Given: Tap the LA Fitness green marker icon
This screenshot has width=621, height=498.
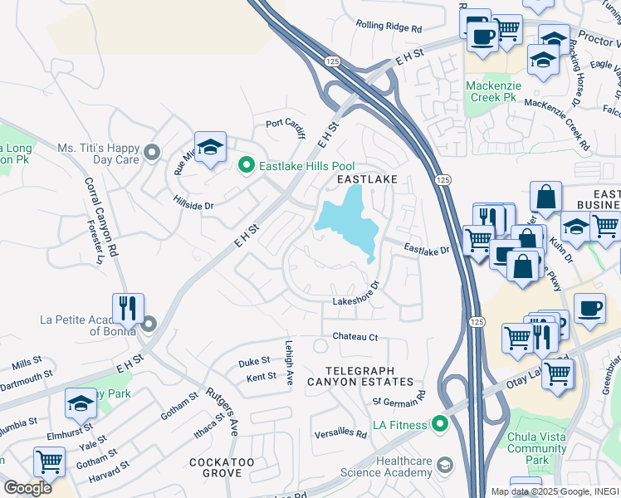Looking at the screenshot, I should point(439,426).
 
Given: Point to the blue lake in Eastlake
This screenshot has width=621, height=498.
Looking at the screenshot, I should point(349,220).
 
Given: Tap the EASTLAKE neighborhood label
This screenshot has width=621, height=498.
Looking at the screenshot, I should point(366,179).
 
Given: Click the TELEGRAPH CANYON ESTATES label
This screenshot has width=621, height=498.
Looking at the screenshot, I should point(359,375).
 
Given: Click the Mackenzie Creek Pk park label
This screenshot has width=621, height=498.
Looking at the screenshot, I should point(491,91).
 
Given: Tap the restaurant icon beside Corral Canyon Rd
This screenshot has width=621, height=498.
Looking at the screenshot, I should point(128,309).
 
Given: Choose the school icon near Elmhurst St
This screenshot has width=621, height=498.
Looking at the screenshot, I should point(81,403).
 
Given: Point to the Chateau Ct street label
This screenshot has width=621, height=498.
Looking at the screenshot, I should point(355,337).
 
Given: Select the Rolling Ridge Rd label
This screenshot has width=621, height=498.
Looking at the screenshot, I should point(389,27).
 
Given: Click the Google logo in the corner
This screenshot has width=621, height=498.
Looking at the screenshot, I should point(27,488).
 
